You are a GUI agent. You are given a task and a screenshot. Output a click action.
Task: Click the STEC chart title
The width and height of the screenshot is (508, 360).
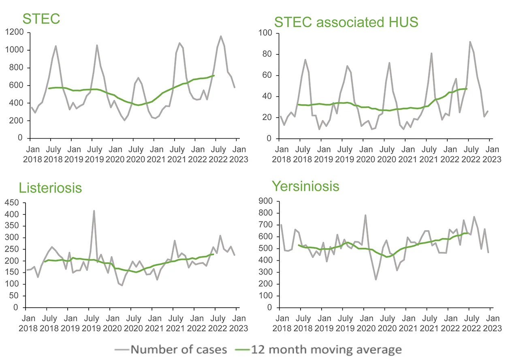click(41, 19)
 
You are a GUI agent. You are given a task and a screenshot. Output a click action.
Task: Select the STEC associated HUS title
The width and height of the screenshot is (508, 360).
click(346, 22)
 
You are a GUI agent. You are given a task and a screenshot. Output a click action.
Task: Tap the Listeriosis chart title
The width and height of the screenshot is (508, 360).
click(50, 188)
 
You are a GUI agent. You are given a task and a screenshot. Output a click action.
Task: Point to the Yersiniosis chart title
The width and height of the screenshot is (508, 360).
click(305, 186)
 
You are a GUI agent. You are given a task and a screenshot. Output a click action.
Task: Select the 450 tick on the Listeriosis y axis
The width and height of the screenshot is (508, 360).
click(12, 202)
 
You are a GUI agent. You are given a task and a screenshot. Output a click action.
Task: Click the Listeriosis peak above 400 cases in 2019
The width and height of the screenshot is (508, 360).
click(94, 211)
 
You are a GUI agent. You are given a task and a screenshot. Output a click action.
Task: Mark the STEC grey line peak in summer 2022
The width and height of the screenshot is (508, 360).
click(221, 36)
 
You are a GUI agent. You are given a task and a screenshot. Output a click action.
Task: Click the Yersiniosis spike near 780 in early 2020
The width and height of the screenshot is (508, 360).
click(365, 215)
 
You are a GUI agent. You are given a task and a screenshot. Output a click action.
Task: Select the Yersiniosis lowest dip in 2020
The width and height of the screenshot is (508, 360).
click(376, 279)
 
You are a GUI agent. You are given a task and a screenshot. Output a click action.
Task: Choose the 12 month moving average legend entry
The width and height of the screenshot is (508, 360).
click(318, 349)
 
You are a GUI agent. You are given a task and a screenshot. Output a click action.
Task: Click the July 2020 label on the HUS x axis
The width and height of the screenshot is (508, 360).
click(388, 154)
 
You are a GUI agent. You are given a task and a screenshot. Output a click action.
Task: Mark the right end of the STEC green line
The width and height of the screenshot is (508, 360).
click(214, 75)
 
